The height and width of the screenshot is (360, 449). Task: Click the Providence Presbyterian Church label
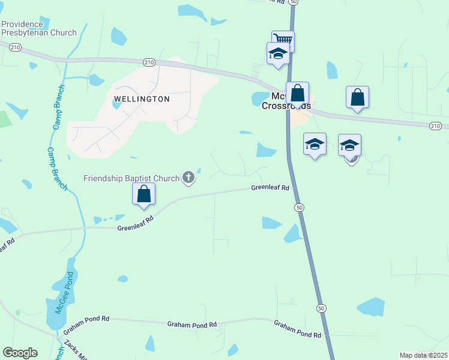[38, 28]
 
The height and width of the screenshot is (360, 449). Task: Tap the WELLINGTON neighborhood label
[141, 98]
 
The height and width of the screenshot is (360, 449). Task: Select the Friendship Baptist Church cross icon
[188, 177]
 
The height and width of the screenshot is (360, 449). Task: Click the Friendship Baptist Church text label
[131, 178]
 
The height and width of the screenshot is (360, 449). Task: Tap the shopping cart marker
[283, 40]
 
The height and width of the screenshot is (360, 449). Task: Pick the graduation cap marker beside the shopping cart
[278, 52]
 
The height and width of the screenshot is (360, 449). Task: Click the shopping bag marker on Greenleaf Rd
[144, 194]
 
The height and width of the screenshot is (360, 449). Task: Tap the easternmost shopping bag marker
[357, 97]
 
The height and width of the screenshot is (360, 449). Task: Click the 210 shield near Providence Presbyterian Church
[15, 47]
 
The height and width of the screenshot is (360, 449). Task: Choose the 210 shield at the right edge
[436, 125]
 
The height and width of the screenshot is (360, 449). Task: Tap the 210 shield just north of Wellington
[149, 62]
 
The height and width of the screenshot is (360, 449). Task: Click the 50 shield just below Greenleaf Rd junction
[299, 207]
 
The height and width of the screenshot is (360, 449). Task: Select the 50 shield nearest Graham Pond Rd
[322, 308]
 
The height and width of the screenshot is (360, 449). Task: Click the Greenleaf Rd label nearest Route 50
[270, 188]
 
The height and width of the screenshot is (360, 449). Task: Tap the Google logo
[20, 353]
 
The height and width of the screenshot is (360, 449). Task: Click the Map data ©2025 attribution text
[423, 355]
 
